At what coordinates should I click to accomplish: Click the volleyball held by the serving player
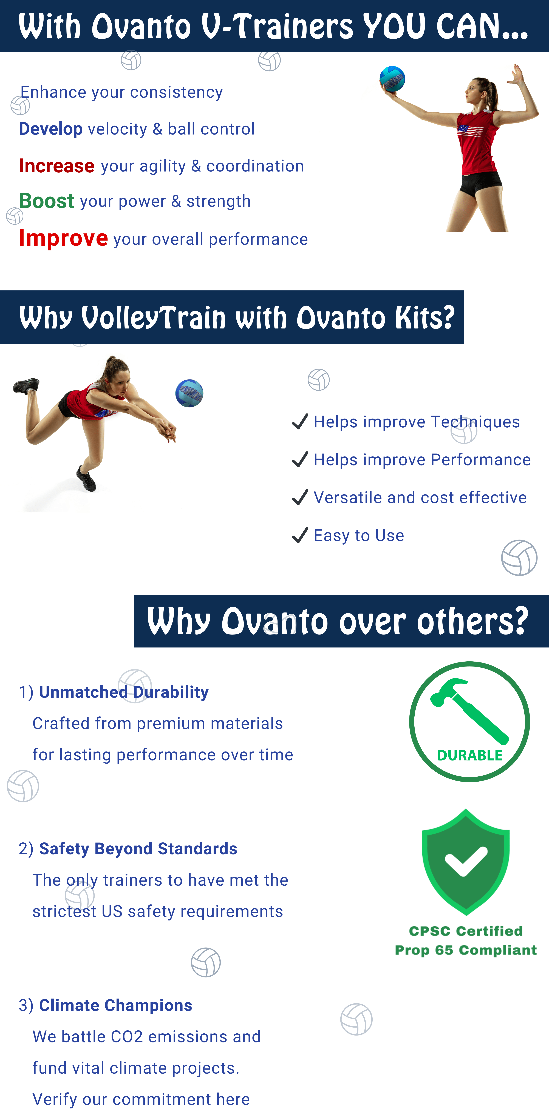[x=392, y=79]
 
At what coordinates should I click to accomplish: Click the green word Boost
[x=46, y=201]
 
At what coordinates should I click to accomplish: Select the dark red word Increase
[x=57, y=166]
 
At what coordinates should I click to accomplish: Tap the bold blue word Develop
[x=51, y=129]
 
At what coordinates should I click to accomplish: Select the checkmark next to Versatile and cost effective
[x=300, y=497]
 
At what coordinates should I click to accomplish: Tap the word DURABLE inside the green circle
[x=470, y=755]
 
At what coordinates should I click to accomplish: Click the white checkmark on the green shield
[x=465, y=860]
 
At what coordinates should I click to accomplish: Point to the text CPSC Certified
[x=466, y=931]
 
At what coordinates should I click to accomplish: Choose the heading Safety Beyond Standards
[x=138, y=849]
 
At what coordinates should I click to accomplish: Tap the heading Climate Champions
[x=116, y=1005]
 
